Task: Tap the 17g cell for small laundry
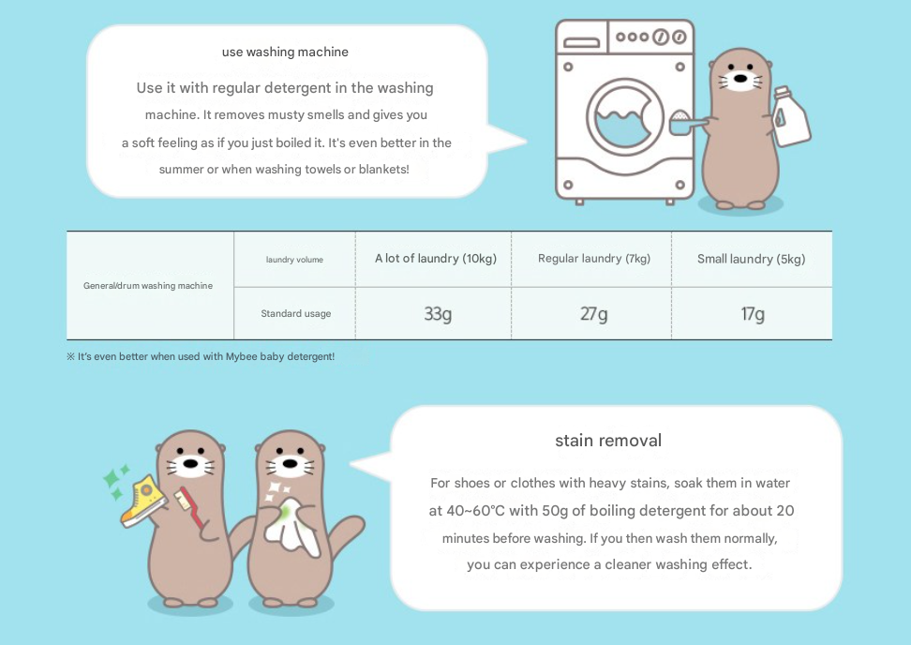coord(753,314)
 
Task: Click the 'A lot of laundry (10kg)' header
coord(436,259)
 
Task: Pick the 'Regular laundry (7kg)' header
coord(594,259)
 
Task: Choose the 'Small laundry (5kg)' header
coord(752,259)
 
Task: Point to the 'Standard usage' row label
coord(296,314)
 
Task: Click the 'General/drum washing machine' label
coord(147,285)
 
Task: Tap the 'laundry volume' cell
coord(294,260)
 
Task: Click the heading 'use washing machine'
coord(285,52)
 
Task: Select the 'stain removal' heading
coord(608,441)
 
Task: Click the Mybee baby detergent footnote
coord(201,356)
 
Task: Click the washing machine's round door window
coord(624,117)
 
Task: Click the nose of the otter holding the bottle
coord(740,79)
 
